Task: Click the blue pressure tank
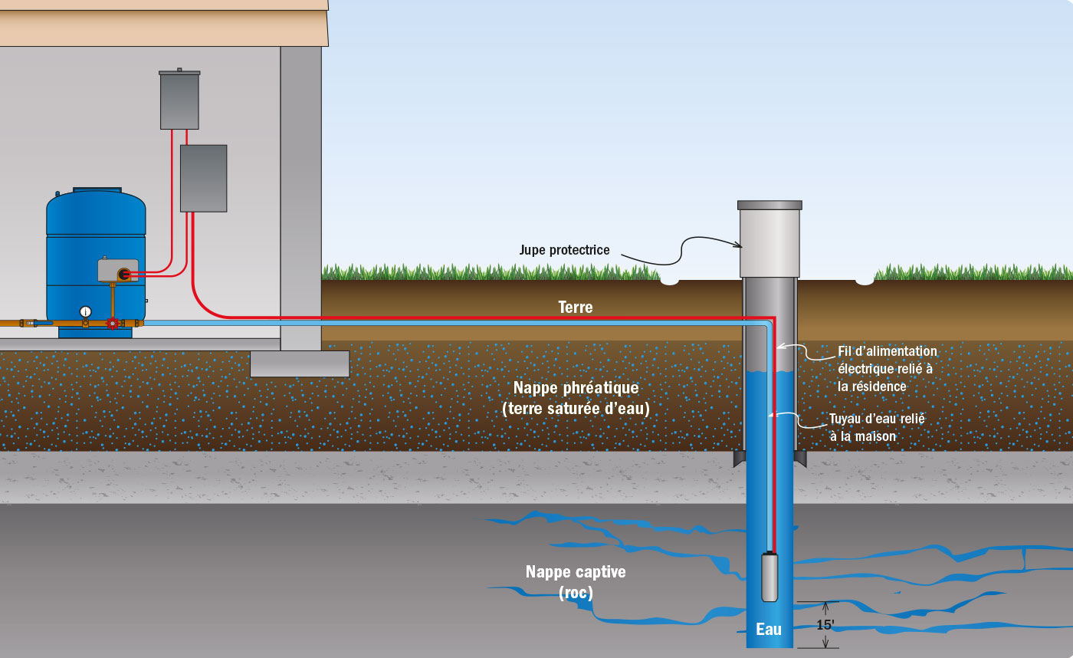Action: click(x=96, y=230)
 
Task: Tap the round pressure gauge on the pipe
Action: click(x=85, y=311)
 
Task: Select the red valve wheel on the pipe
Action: click(x=113, y=324)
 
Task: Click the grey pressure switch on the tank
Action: click(x=117, y=270)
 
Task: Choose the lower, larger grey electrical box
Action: click(x=203, y=178)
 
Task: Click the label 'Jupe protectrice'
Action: click(x=564, y=250)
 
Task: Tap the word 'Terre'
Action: click(x=576, y=308)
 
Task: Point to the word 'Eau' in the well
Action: click(x=769, y=630)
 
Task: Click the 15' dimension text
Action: click(x=825, y=625)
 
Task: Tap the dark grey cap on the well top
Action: click(x=769, y=205)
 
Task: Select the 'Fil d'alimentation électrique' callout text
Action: click(x=887, y=369)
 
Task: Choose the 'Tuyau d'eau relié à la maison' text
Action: click(x=876, y=428)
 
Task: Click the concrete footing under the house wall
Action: click(x=300, y=364)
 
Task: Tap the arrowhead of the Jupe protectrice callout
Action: click(x=740, y=246)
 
